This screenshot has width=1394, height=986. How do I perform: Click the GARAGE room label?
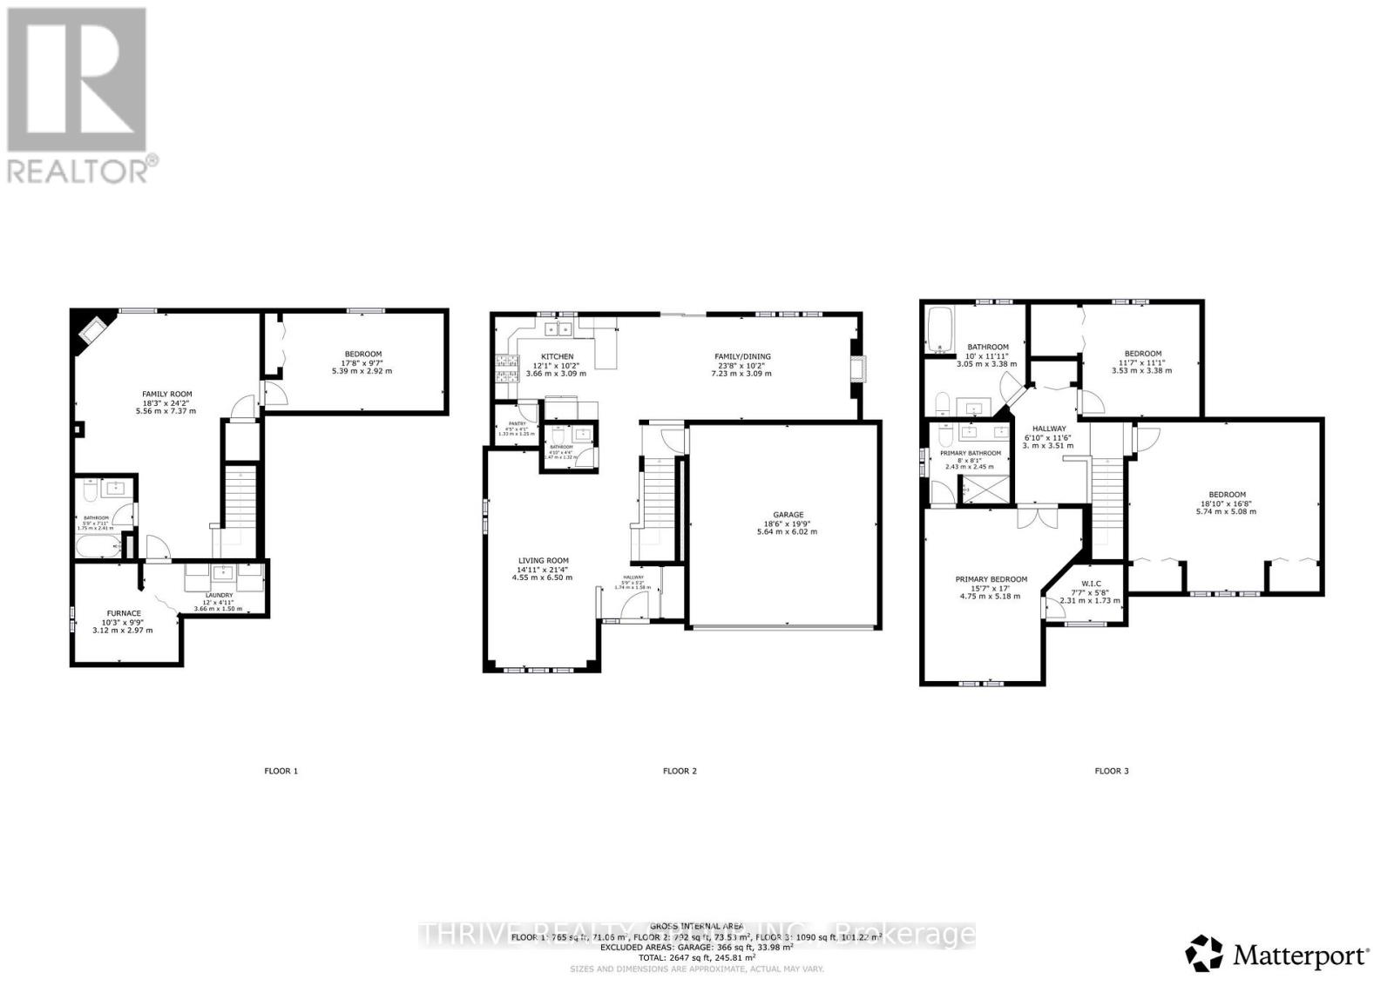788,514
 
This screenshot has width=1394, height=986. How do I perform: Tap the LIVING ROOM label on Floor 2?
543,561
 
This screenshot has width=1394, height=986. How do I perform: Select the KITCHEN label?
557,356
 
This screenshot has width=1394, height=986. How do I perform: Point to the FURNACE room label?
124,613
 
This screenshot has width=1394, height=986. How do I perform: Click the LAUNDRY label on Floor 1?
220,596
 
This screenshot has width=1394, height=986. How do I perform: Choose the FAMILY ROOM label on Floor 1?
166,394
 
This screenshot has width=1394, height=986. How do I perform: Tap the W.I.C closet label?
1089,584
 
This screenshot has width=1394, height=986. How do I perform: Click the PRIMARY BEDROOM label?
991,579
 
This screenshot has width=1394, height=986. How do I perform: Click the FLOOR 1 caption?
281,771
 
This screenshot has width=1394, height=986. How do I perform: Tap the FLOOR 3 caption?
1112,771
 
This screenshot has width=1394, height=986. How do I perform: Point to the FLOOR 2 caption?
680,771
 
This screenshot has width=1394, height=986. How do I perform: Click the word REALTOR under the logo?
78,171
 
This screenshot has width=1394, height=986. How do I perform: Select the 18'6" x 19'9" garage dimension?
788,523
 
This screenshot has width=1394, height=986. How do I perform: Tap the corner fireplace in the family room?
92,328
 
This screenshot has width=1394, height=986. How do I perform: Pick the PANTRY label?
517,424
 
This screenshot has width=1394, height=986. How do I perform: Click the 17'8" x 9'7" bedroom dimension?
362,362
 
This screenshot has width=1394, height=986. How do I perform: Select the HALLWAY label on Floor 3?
1048,429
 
